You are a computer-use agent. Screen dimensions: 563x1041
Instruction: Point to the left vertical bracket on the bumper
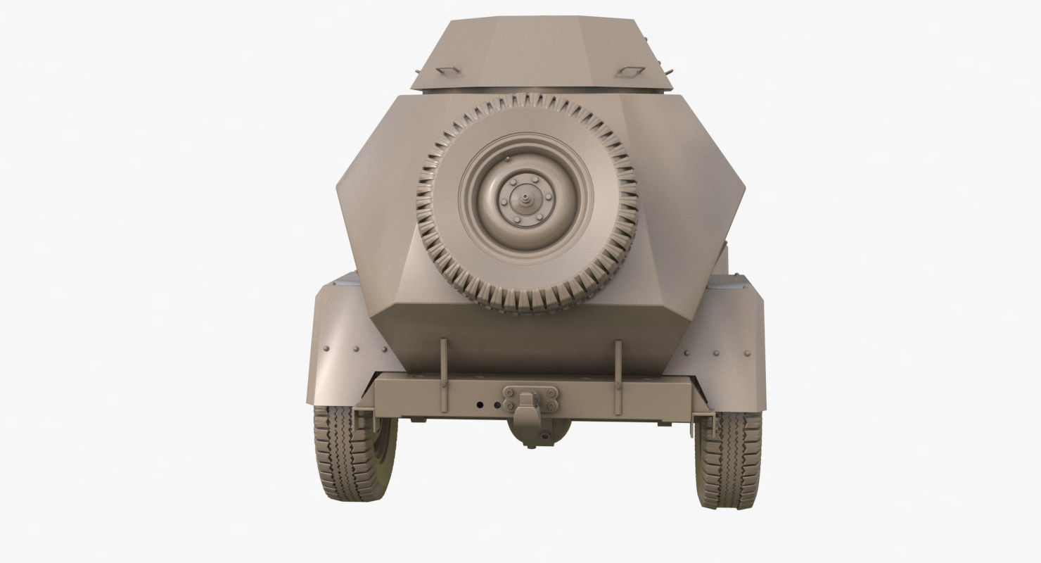coord(443,377)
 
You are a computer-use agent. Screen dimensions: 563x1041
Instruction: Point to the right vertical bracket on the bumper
coord(618,377)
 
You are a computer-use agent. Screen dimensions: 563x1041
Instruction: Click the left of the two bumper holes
coord(479,405)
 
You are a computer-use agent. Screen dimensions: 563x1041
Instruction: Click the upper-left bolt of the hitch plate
coord(506,389)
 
